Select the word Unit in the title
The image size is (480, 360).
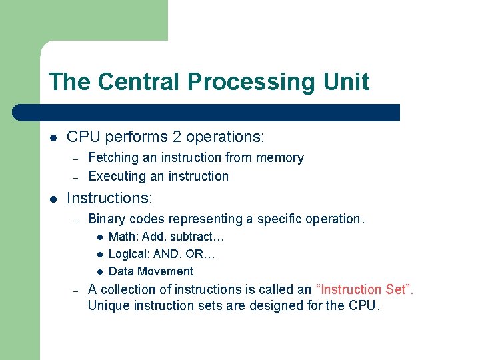pos(347,82)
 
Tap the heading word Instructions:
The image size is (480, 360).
pos(110,198)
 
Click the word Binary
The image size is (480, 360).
pos(107,219)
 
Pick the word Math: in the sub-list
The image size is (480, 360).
pos(123,237)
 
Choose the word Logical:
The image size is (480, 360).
pos(129,254)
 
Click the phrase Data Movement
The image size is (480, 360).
pos(151,271)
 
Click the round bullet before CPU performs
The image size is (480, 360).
pos(53,138)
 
